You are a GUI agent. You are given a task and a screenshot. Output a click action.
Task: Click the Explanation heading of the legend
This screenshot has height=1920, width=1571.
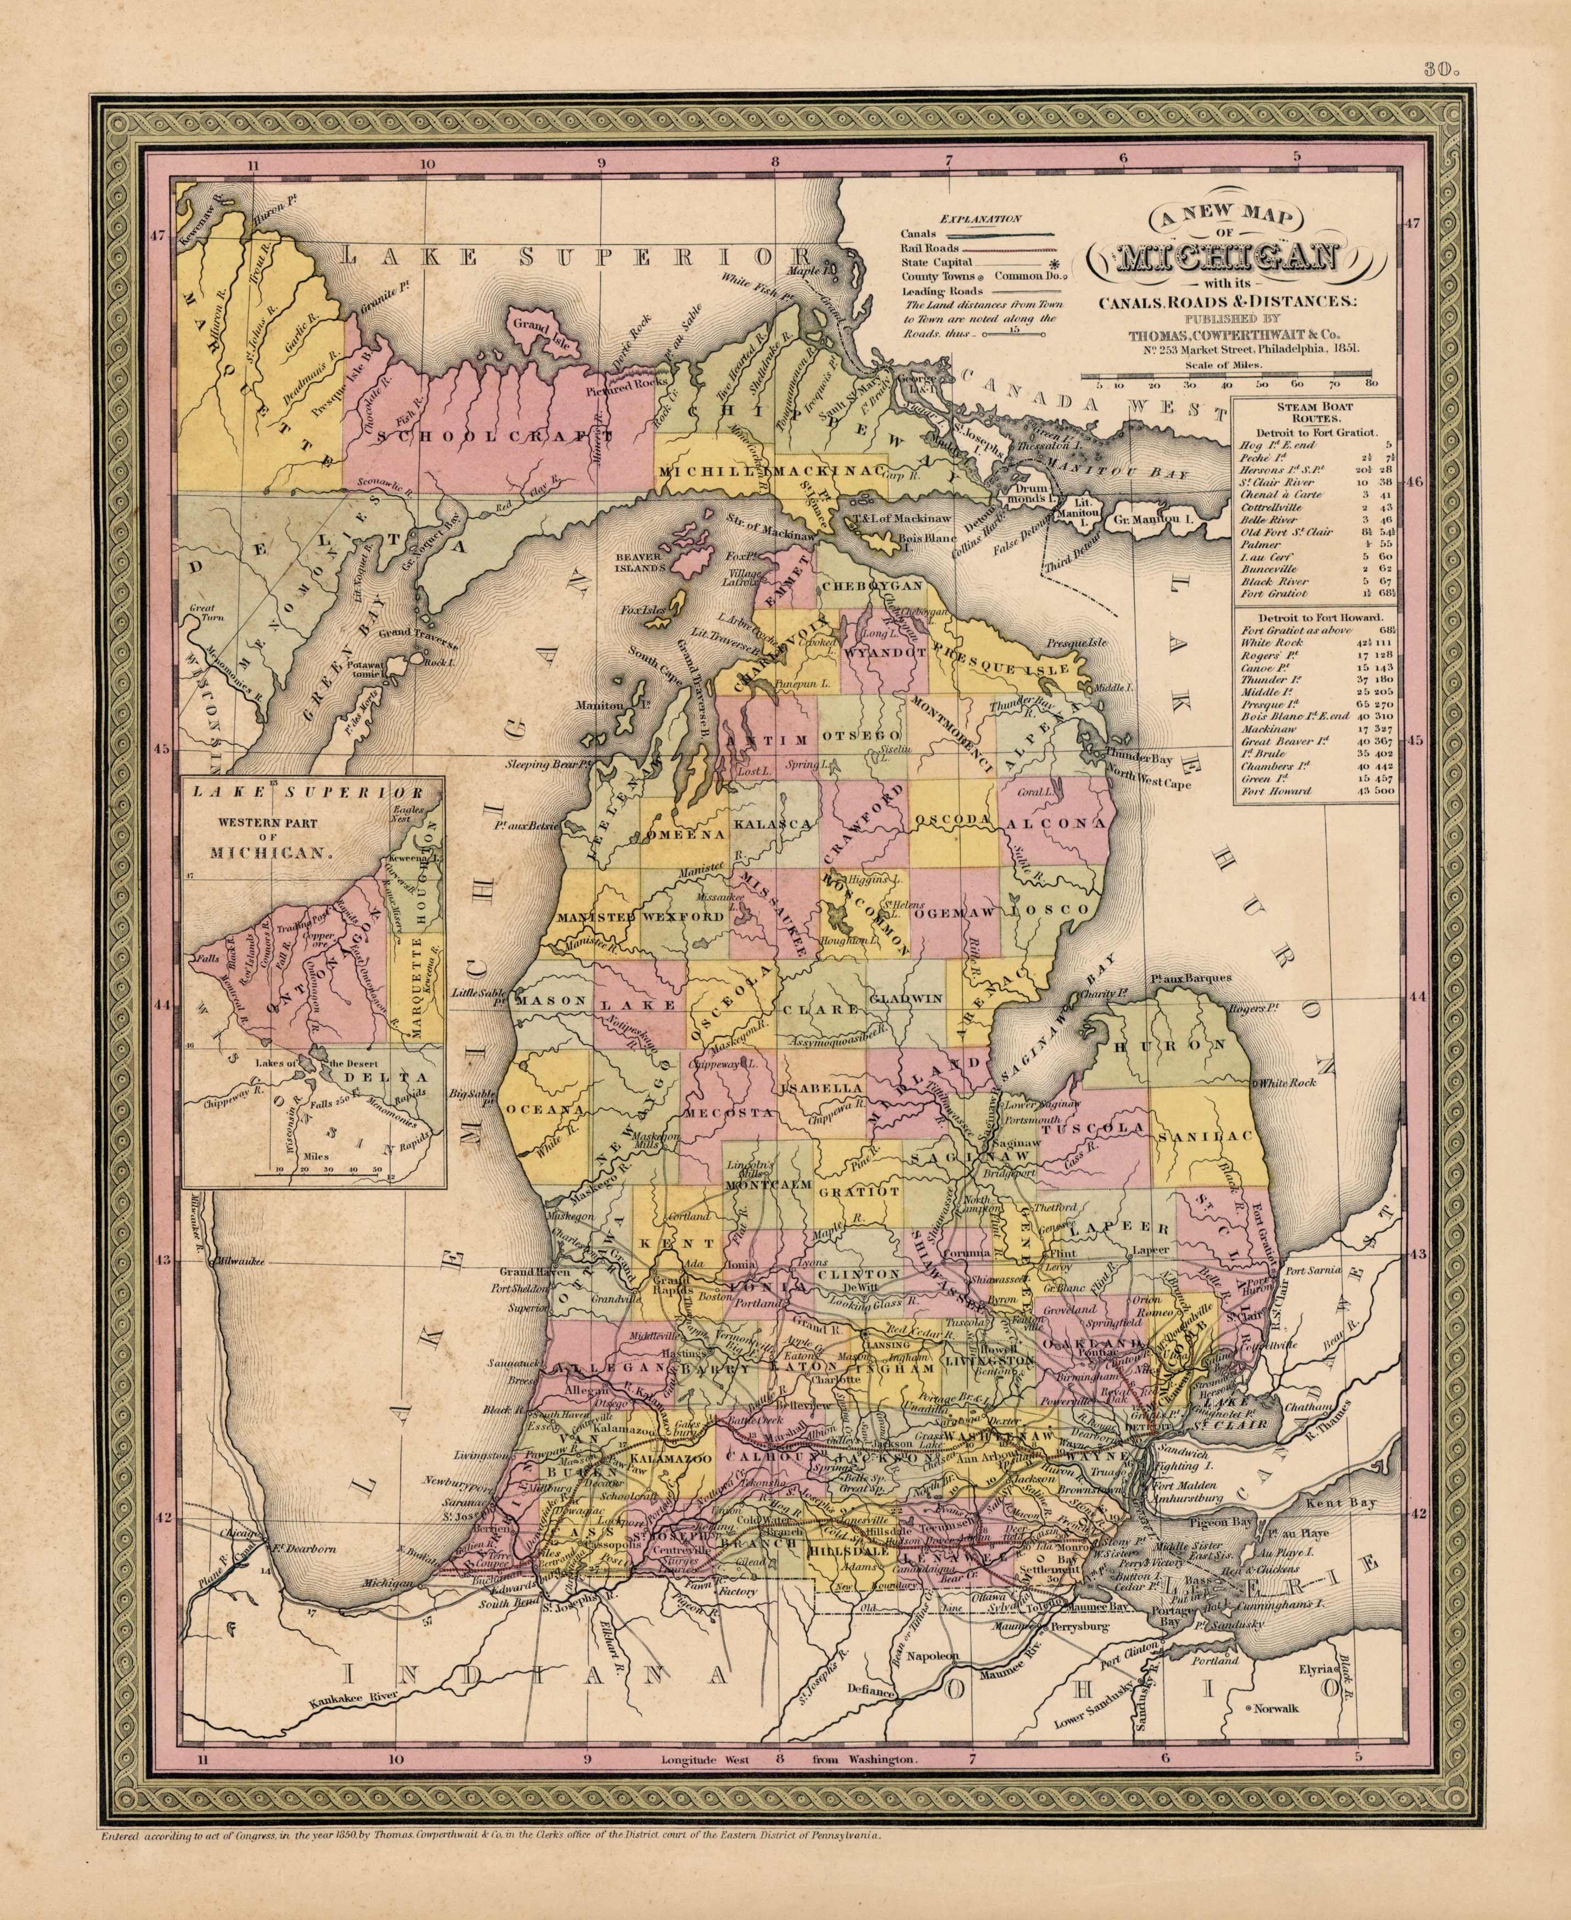click(x=981, y=218)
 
